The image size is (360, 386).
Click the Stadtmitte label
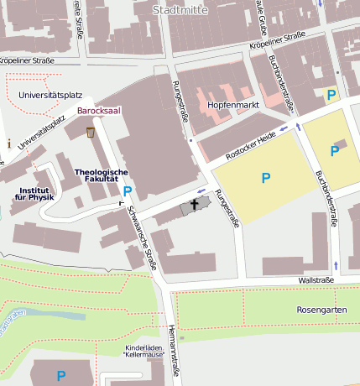(181, 9)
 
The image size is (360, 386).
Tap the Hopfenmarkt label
(231, 107)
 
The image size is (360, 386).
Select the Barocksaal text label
(99, 110)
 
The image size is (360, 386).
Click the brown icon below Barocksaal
(91, 132)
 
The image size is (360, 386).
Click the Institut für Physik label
(34, 194)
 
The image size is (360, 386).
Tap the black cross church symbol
(195, 204)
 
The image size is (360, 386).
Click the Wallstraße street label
(316, 280)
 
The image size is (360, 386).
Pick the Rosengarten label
(321, 310)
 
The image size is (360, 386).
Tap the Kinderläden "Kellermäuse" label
(143, 351)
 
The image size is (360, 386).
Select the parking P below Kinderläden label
(60, 375)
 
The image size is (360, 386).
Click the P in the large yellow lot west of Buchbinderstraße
(266, 177)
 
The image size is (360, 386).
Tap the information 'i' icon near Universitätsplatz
(8, 143)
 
